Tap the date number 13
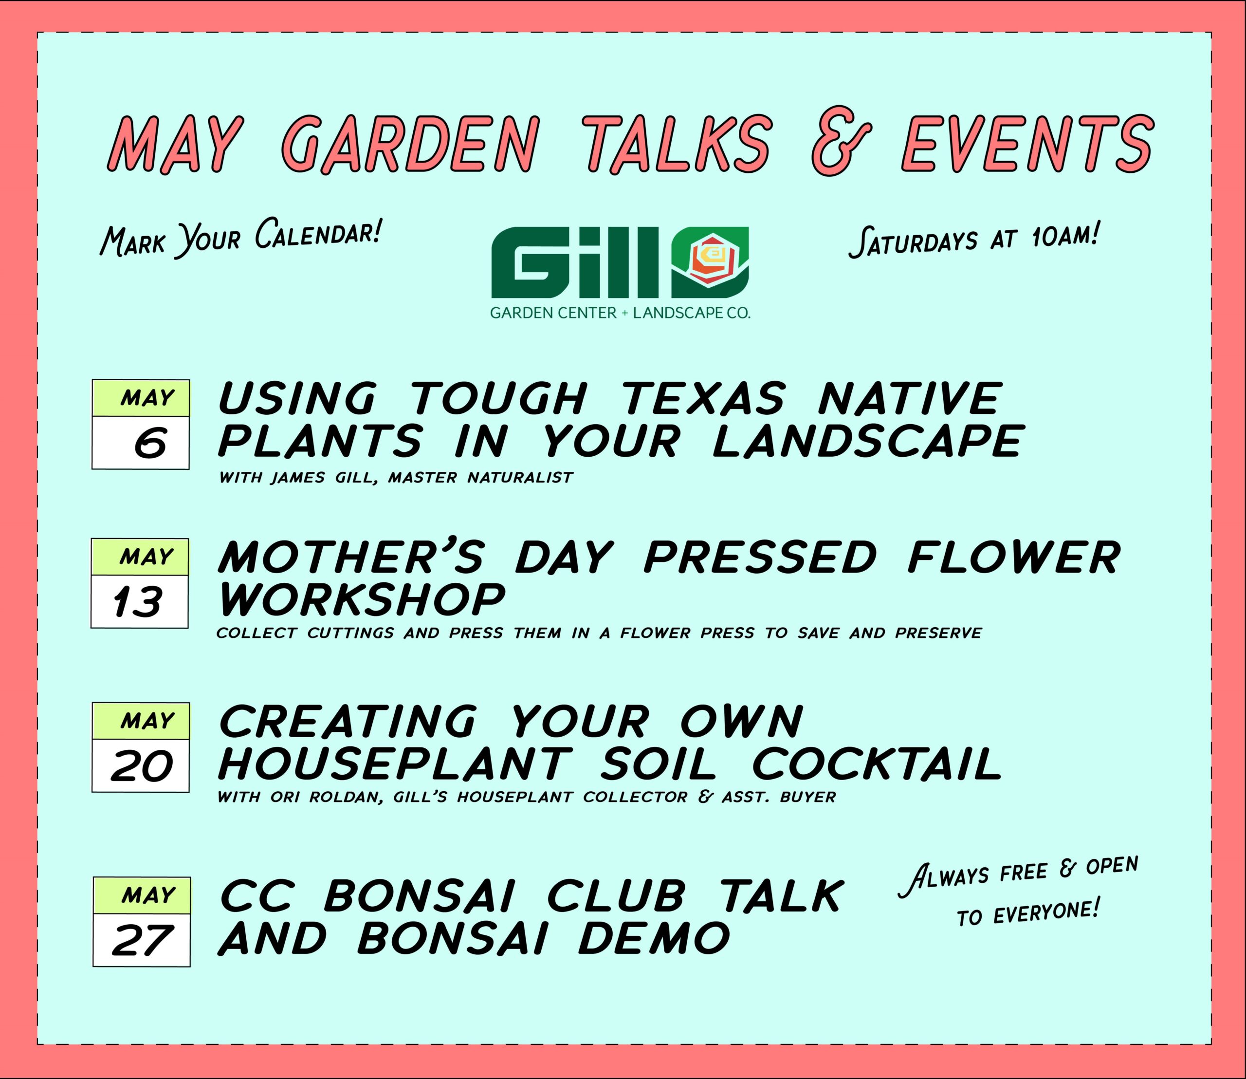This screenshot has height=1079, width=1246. point(138,602)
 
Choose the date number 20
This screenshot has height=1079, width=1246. point(142,766)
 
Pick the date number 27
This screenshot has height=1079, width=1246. point(142,941)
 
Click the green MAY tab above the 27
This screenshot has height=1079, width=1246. point(142,895)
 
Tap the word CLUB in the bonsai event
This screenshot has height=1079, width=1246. point(617,895)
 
